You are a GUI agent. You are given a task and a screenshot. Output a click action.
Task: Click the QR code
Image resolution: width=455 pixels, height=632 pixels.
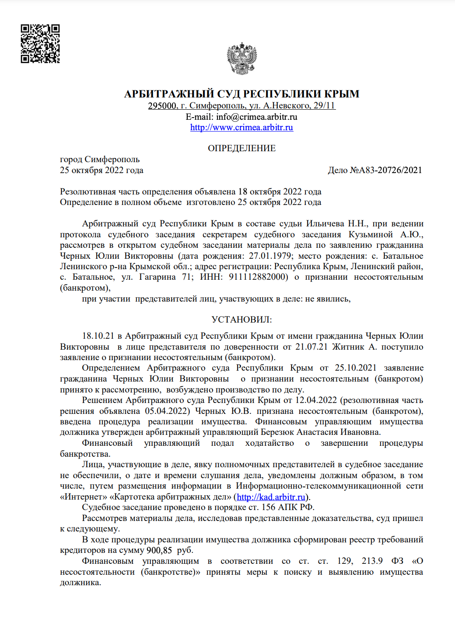point(40,44)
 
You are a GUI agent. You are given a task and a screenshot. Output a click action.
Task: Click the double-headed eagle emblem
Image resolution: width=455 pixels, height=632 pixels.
point(241,59)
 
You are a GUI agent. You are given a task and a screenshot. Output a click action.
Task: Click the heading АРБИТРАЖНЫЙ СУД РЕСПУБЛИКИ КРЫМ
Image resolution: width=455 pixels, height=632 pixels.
point(241,94)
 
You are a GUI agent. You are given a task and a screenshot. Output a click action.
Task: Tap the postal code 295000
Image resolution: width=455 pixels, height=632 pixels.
point(163,106)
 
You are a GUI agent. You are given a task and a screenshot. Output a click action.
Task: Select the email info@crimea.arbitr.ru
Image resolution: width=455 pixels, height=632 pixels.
point(256,117)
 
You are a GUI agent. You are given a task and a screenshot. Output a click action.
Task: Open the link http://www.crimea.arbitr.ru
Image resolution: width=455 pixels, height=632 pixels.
point(241,128)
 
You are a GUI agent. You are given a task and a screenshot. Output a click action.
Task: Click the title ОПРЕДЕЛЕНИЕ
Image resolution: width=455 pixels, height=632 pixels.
point(241,149)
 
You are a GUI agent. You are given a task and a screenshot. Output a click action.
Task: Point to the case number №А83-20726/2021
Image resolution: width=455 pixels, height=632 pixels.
point(386,170)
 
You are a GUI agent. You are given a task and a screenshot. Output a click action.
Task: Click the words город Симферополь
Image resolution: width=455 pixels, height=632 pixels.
point(100,160)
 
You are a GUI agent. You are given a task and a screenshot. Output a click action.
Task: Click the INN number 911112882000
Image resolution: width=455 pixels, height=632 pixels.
point(259,277)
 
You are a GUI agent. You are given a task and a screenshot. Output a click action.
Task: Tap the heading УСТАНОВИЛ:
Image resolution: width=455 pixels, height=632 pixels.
point(241,320)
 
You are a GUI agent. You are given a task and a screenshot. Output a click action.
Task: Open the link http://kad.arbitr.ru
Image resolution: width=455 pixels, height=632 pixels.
point(271,497)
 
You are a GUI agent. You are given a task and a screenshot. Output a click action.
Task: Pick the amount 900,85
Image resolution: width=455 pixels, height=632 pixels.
point(159,550)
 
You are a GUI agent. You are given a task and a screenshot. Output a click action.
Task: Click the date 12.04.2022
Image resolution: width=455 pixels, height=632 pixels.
point(316,400)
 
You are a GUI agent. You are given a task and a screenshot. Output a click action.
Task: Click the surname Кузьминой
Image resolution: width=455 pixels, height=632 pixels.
point(371,235)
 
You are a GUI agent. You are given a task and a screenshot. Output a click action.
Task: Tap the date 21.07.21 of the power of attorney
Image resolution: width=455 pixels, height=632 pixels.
point(311,347)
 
